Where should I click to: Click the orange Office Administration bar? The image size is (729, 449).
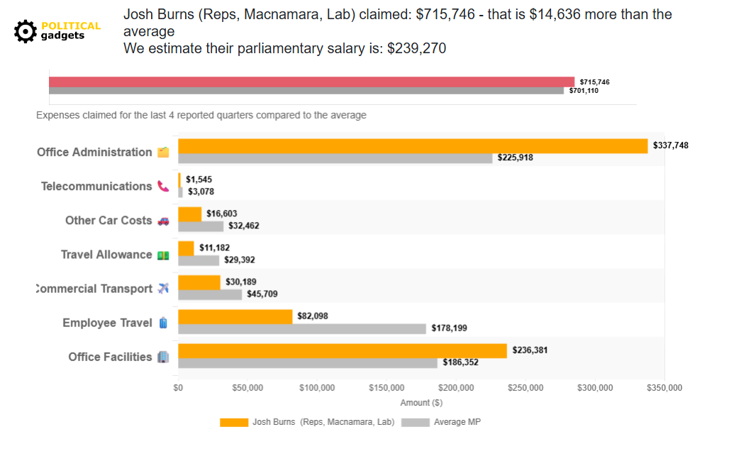(x=413, y=146)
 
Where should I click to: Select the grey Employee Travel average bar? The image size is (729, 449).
(x=302, y=328)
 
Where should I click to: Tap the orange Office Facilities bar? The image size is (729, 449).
(x=343, y=350)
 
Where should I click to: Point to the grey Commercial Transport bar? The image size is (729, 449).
(x=210, y=294)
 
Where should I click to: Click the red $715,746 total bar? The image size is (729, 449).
(x=311, y=82)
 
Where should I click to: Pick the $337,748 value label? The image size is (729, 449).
(x=670, y=145)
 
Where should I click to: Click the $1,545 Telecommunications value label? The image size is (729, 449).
(x=199, y=179)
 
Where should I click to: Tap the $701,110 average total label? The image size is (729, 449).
(x=584, y=91)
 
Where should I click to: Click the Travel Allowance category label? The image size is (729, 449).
(x=106, y=255)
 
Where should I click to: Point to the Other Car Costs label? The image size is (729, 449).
(x=108, y=221)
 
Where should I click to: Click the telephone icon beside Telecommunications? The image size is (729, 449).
(x=163, y=187)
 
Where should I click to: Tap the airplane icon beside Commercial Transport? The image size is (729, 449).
(x=163, y=289)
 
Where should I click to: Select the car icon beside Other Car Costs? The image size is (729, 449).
(x=163, y=221)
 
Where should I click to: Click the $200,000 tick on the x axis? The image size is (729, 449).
(x=456, y=388)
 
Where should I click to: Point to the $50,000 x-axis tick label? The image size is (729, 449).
(x=247, y=388)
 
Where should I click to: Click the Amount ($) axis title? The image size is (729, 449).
(x=421, y=403)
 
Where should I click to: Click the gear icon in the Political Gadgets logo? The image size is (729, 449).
(x=26, y=31)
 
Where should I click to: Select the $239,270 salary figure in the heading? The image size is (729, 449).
(x=416, y=48)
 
